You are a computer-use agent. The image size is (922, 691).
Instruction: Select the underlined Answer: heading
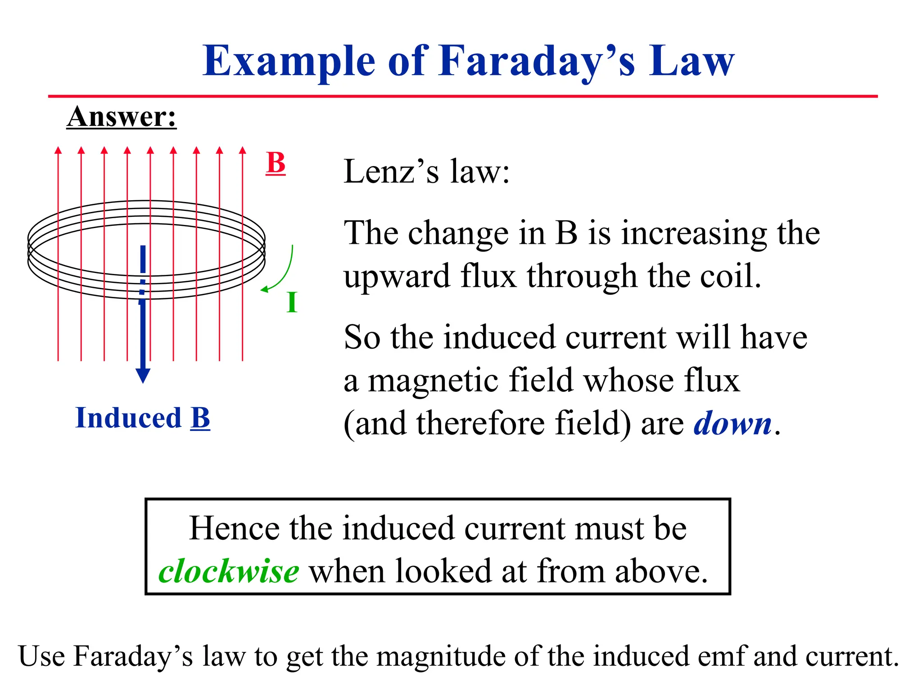tap(121, 117)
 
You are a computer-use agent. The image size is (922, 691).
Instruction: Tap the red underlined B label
tap(276, 162)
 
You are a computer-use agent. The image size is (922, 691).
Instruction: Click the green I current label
tap(292, 302)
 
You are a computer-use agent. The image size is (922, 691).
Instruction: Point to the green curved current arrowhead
tap(264, 289)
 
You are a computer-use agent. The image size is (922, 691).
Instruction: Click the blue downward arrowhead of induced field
tap(143, 375)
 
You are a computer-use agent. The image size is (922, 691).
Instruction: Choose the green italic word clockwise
tap(229, 571)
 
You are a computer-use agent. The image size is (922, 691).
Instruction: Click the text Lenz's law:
tap(426, 171)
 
